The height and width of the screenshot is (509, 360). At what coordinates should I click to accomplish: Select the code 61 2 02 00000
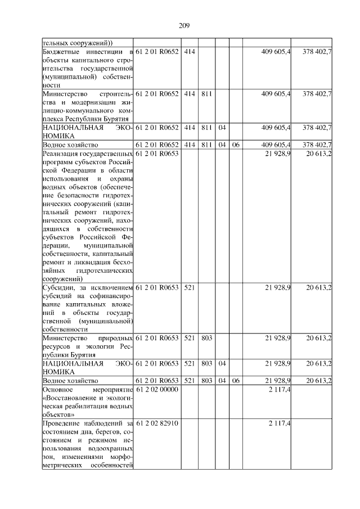(x=157, y=390)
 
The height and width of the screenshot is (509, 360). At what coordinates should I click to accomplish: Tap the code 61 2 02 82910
(x=157, y=422)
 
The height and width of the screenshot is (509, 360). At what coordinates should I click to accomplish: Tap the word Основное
(x=58, y=390)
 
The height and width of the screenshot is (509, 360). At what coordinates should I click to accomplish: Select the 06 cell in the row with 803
(x=236, y=381)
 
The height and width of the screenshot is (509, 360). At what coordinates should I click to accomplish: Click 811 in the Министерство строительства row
(x=206, y=93)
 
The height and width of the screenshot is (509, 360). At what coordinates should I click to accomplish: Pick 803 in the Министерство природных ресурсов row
(x=206, y=338)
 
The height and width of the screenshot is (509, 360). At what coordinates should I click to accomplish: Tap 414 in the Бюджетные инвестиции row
(x=189, y=51)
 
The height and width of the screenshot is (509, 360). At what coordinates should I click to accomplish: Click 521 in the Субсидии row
(x=189, y=288)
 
